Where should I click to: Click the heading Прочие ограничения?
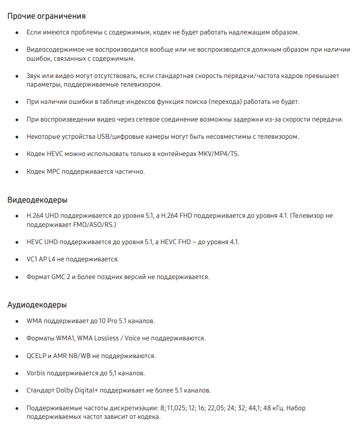coord(46,16)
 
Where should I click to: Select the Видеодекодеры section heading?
coord(37,200)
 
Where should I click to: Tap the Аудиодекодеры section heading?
coord(37,305)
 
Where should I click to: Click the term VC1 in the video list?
coord(33,259)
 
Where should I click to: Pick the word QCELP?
coord(36,356)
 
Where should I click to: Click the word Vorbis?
coord(36,373)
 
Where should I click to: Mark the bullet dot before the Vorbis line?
coord(16,373)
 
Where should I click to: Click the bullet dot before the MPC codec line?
coord(16,172)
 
